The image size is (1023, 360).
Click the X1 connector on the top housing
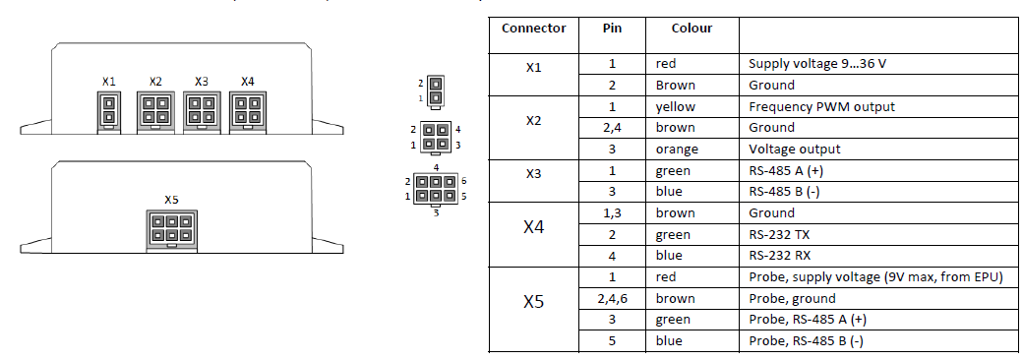(x=108, y=108)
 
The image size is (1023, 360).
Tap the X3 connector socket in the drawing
(x=201, y=108)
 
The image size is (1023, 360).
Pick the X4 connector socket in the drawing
(x=247, y=108)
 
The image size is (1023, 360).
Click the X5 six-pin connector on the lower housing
(x=171, y=230)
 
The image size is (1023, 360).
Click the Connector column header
(x=533, y=29)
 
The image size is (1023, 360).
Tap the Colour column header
(x=692, y=29)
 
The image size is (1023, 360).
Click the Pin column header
(x=612, y=29)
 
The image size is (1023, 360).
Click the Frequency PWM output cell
(x=821, y=106)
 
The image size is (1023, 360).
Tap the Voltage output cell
(x=795, y=150)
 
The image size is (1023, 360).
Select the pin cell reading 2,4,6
(x=612, y=298)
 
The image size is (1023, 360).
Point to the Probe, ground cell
(x=792, y=298)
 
